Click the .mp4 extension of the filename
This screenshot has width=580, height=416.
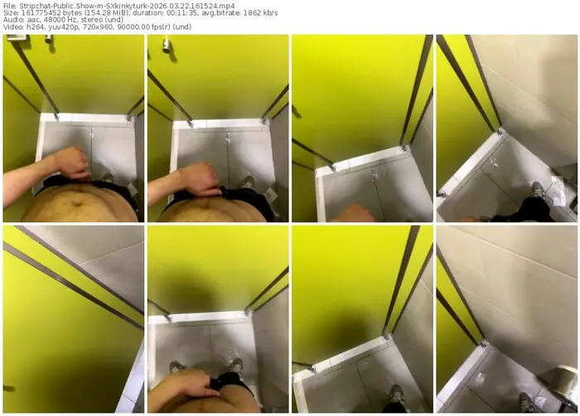coord(226,6)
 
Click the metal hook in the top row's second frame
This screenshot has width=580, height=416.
coord(167,45)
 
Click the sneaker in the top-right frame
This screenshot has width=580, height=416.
coord(538,189)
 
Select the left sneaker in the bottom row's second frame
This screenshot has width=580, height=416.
coord(176,367)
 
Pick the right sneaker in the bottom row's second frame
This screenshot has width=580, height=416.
coord(235,365)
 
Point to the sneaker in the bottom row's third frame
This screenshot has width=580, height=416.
coord(397,394)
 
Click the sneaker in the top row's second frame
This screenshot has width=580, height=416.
coord(247,182)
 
